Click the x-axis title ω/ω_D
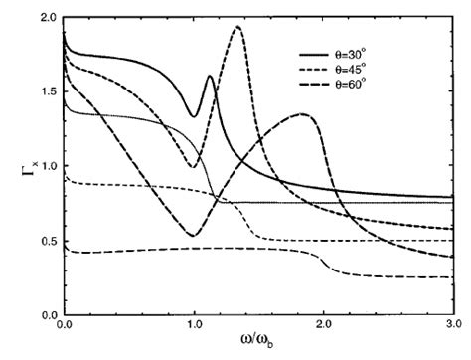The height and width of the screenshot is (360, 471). [260, 345]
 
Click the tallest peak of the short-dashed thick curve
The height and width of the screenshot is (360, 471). [237, 27]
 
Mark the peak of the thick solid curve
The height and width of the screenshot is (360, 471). [210, 77]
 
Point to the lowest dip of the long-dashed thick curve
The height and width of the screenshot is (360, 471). [193, 236]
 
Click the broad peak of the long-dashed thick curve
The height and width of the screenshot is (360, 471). [305, 114]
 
